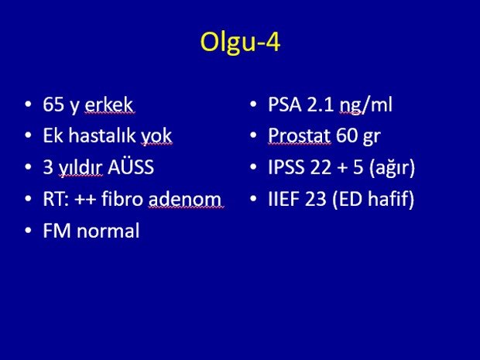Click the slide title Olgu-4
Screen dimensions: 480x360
point(240,43)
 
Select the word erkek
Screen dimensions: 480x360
point(109,105)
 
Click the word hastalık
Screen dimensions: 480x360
point(102,135)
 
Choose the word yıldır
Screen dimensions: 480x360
point(81,167)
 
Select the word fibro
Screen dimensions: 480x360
point(122,198)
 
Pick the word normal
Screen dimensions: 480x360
point(108,230)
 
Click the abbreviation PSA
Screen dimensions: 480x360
point(285,105)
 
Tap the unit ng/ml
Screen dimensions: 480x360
point(366,105)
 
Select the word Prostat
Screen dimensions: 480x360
point(299,135)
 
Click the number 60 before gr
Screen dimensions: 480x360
point(347,135)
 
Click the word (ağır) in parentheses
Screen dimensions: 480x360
point(393,167)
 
